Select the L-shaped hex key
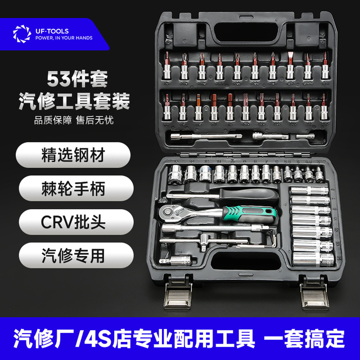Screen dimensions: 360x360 tap(271, 241)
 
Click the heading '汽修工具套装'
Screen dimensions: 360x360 tap(82, 101)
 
